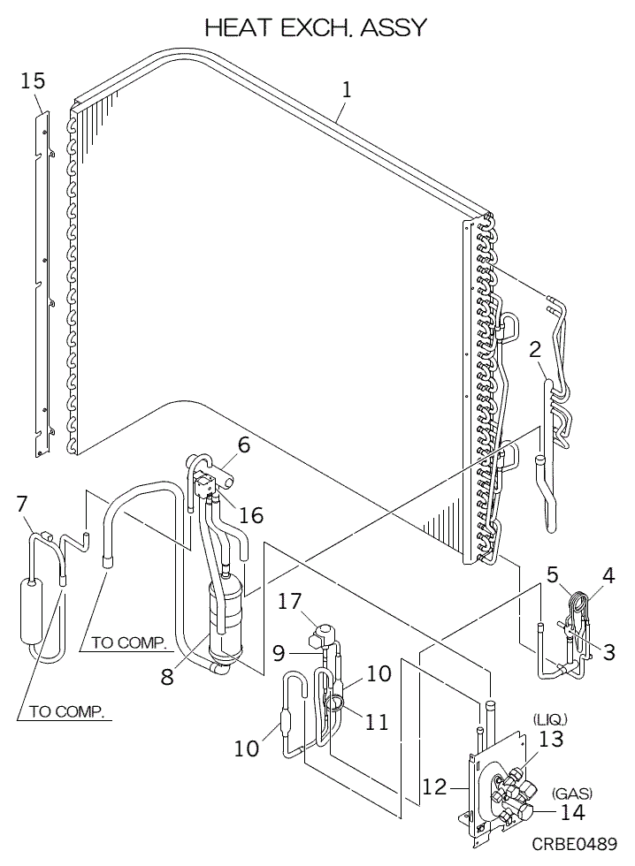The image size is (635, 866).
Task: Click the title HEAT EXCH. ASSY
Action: click(x=317, y=28)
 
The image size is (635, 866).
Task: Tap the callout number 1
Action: click(x=348, y=89)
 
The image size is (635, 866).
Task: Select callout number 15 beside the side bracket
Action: click(x=33, y=81)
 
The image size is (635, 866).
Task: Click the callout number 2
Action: click(x=534, y=347)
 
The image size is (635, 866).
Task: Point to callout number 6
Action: click(x=243, y=446)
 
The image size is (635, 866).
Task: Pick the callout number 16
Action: click(x=251, y=514)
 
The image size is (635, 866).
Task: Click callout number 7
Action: click(x=22, y=504)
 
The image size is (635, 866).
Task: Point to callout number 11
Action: click(x=377, y=721)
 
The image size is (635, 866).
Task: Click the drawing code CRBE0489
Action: click(x=574, y=845)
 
